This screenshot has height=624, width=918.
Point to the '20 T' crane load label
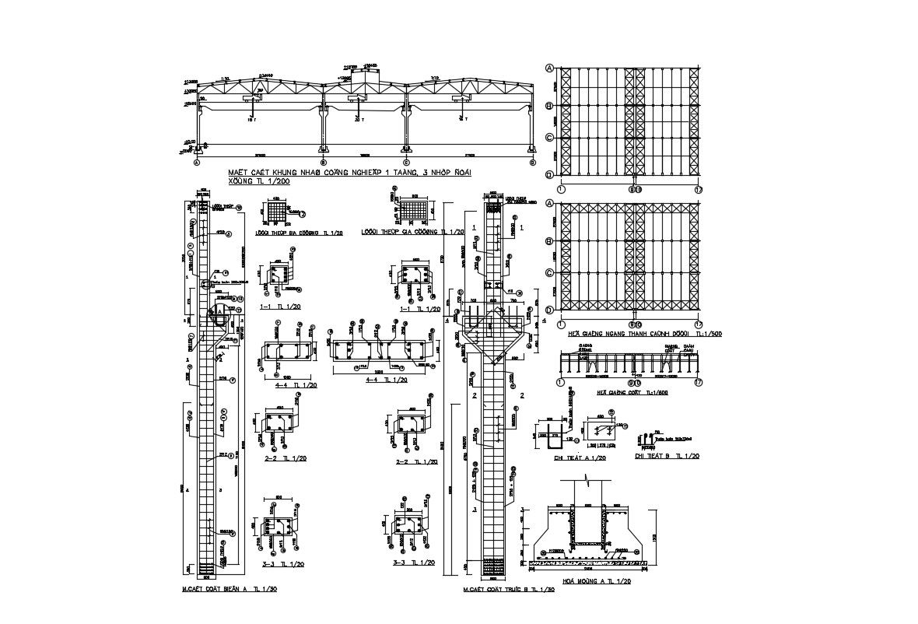point(358,120)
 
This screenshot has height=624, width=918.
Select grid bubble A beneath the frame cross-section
point(197,163)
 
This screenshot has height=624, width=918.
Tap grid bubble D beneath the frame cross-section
point(532,163)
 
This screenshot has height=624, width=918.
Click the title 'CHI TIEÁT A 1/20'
point(580,458)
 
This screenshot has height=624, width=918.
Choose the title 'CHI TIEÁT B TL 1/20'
point(667,456)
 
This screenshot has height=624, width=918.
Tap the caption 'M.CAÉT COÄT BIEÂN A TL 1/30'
point(229,589)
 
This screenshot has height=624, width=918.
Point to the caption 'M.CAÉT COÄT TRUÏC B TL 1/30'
point(508,589)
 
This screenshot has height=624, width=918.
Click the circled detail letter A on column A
point(220,310)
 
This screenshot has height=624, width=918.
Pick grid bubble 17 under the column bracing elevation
point(698,382)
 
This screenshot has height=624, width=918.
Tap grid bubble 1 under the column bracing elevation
point(560,382)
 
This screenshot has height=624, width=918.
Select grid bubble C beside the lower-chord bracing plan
point(550,273)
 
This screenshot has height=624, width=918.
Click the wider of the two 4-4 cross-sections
point(381,353)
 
